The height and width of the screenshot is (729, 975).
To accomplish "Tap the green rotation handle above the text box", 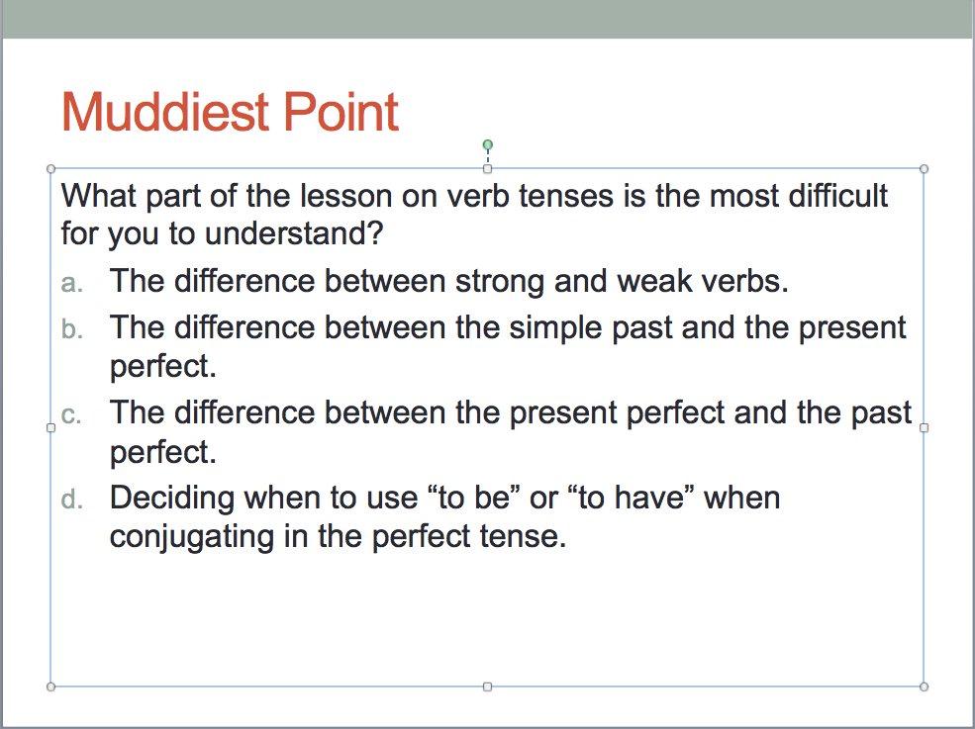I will (x=487, y=145).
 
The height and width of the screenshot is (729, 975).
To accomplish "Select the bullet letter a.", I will (x=69, y=283).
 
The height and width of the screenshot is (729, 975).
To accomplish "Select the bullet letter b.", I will (x=69, y=328).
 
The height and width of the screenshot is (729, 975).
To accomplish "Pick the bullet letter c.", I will (x=69, y=414).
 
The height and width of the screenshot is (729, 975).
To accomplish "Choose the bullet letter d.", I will (x=69, y=499).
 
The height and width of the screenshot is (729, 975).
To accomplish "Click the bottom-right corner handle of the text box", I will (x=924, y=685).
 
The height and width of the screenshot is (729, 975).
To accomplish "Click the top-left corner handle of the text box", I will (x=50, y=169).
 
